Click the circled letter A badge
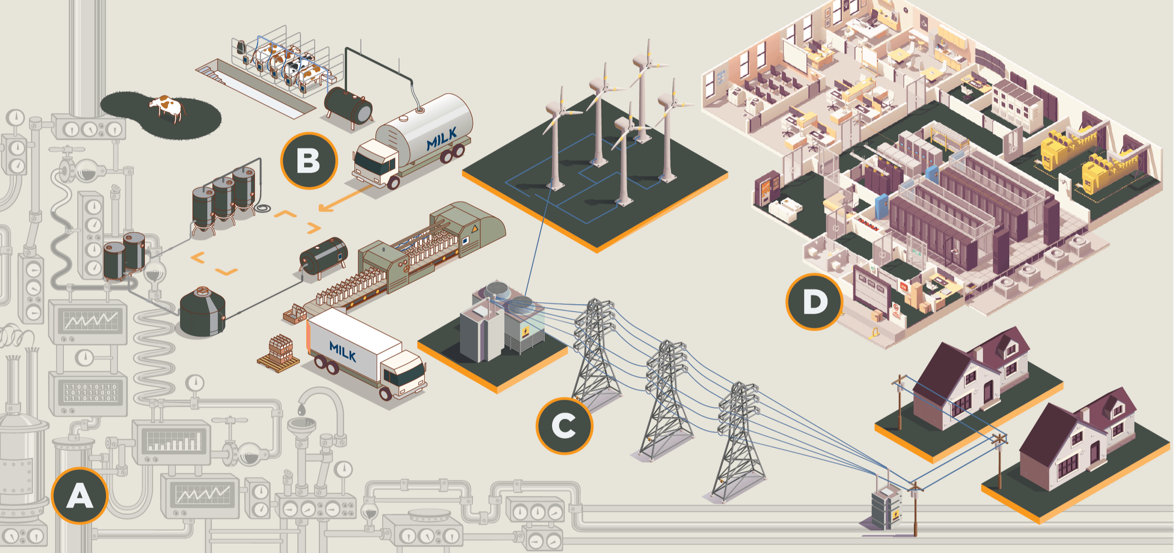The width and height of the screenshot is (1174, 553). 79,496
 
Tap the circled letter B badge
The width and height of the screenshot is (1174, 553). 309,161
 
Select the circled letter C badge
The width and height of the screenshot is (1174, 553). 564,426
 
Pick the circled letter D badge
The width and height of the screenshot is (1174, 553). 814,302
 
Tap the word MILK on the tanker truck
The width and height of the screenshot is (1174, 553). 441,139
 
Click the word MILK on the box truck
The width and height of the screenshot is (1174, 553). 343,352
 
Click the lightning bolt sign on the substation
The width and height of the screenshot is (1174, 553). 525,332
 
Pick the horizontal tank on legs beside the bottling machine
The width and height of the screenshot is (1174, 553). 324,256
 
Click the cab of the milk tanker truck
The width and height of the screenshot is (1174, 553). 376,162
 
